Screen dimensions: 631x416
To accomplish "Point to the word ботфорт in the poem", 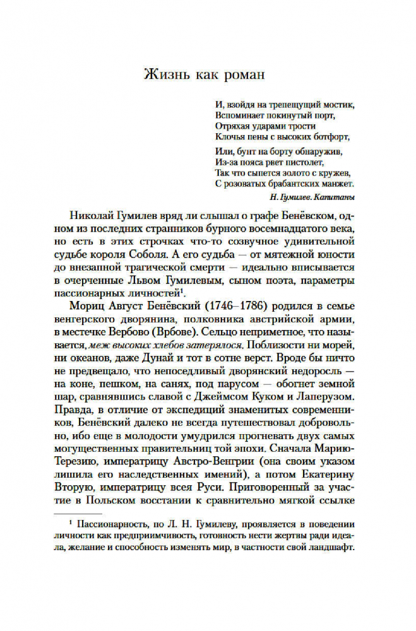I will tap(328, 135).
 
